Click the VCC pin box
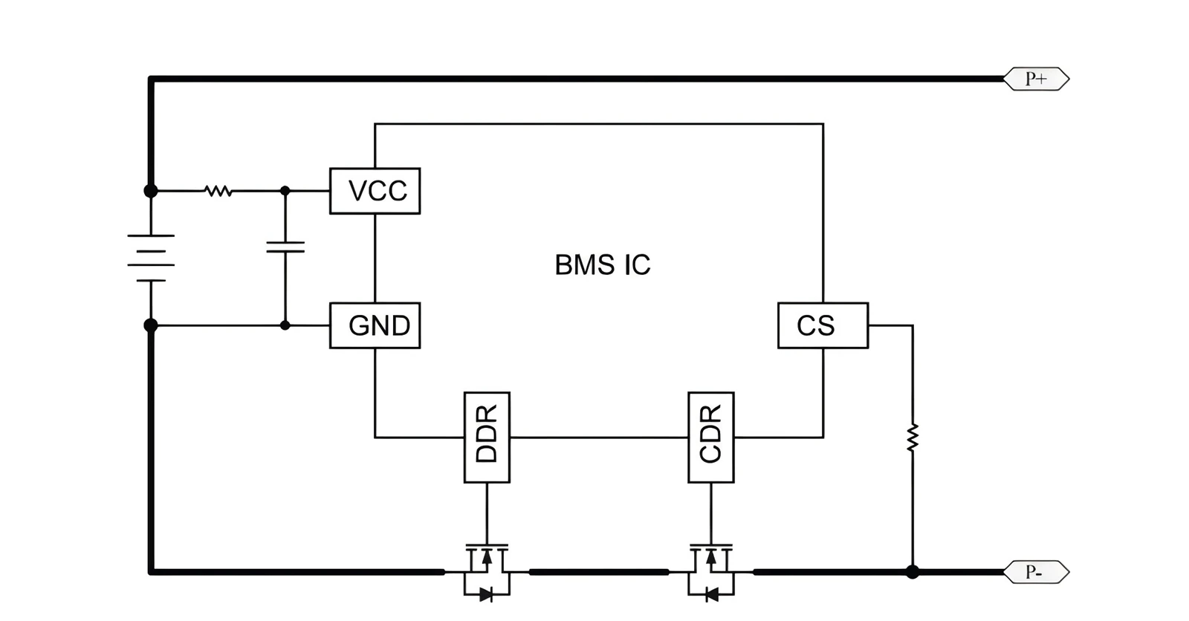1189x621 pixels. tap(375, 191)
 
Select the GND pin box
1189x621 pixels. tap(375, 325)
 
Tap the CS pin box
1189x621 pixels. tap(823, 325)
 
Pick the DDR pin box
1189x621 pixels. tap(487, 438)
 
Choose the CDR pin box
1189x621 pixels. tap(711, 438)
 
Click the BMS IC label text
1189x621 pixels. tap(603, 265)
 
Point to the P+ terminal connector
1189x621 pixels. tap(1036, 79)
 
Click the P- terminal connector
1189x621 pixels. tap(1036, 572)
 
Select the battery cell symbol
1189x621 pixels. tap(151, 258)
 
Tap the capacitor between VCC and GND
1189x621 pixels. tap(285, 247)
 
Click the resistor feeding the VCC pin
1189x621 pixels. tap(218, 191)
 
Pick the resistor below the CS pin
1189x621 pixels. tap(913, 438)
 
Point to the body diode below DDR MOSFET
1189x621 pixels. tap(486, 595)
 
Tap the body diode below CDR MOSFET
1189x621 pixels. tap(711, 595)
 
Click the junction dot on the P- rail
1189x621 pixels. tap(913, 572)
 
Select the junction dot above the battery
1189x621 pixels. tap(151, 191)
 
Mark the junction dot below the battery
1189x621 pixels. tap(151, 325)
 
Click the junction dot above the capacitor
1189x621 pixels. tap(285, 191)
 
